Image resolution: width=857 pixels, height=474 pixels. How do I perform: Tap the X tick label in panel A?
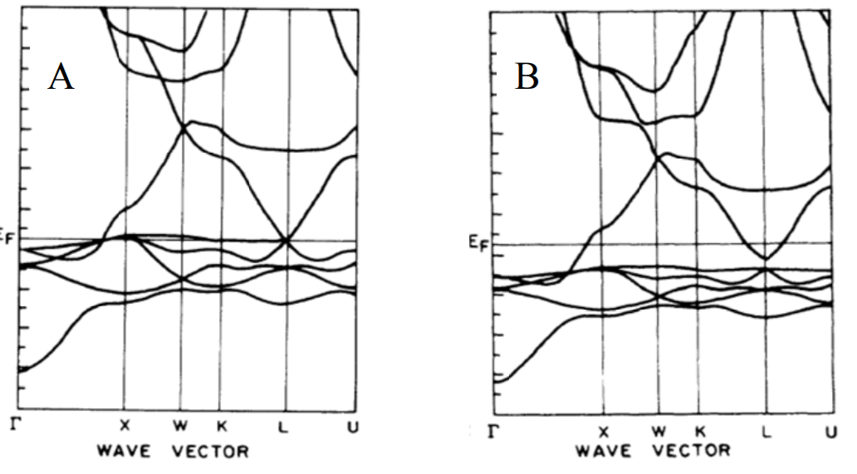125,424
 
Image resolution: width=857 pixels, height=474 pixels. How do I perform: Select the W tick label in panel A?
180,424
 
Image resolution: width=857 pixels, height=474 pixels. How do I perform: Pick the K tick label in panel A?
221,424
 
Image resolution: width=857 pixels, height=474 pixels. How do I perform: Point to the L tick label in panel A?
288,424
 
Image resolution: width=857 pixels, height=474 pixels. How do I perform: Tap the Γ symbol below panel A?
12,423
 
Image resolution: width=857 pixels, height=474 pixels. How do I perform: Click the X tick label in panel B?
604,432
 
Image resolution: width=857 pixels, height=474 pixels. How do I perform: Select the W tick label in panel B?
658,432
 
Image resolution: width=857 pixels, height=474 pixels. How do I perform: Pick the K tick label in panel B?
699,432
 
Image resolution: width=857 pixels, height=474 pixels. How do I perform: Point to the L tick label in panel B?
766,432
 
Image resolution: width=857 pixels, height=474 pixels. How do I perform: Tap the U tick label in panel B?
830,432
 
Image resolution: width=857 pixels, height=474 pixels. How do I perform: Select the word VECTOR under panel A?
208,452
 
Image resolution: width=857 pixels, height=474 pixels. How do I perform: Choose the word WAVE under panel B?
602,451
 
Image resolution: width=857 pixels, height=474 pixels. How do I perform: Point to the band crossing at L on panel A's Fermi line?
287,241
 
